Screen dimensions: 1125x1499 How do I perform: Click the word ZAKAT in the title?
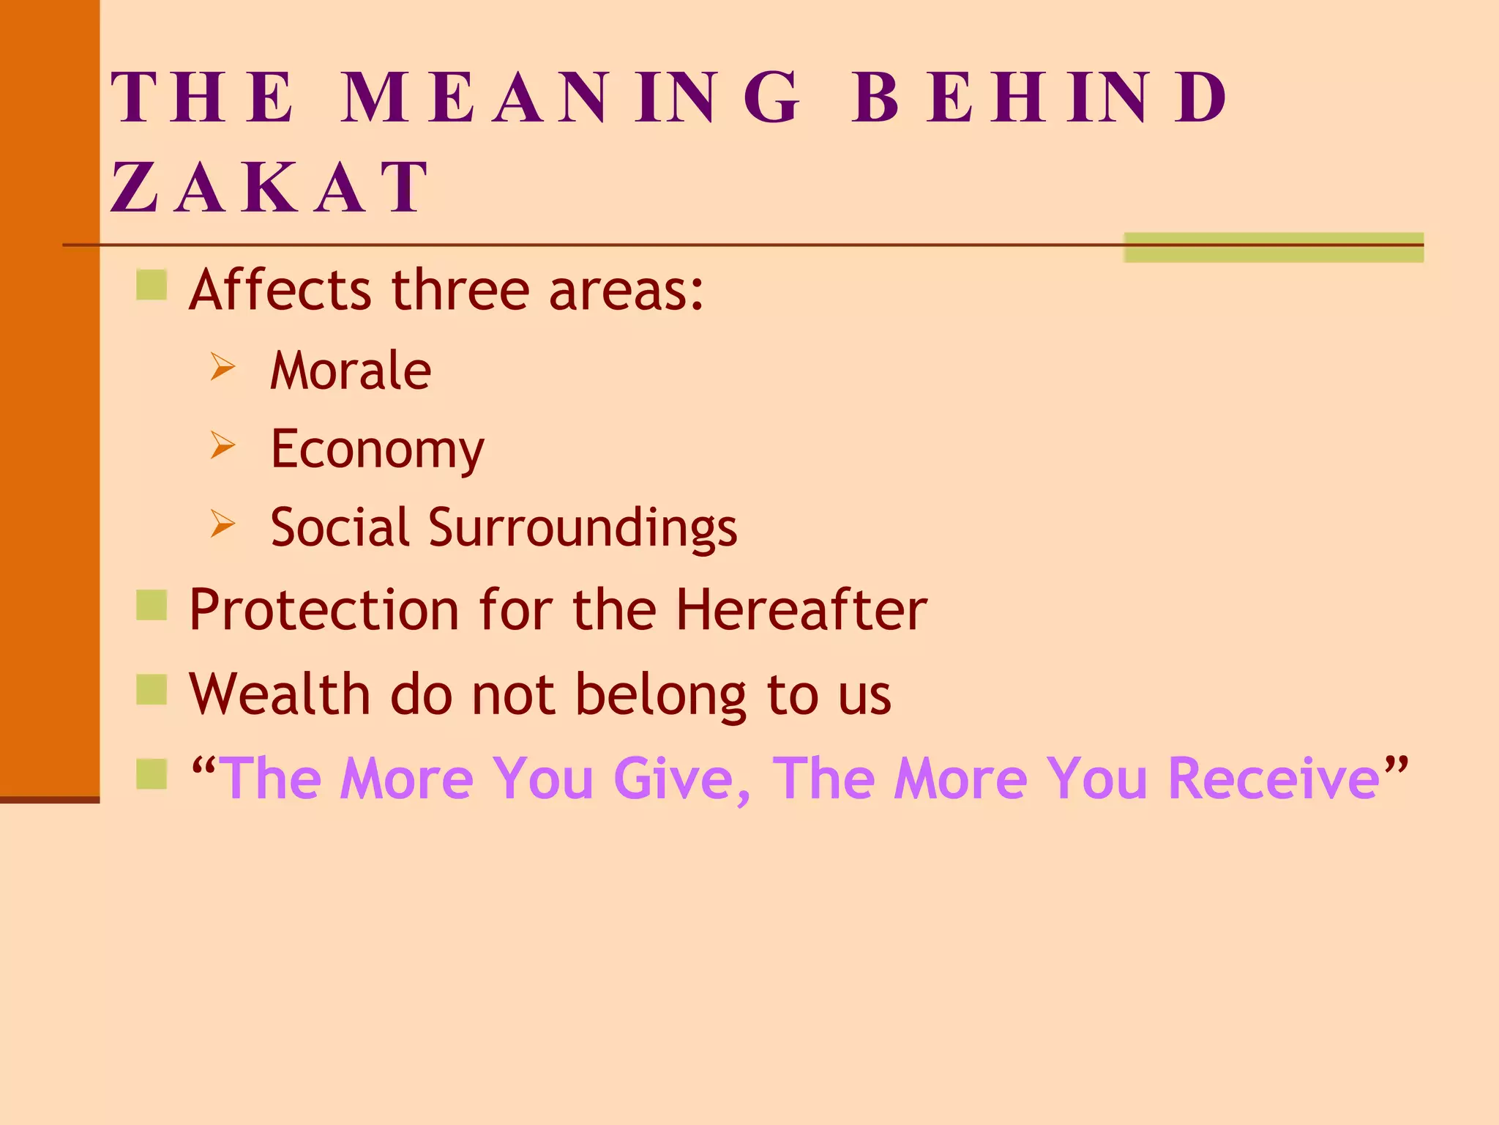coord(269,188)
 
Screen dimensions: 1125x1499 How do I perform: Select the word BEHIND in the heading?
coord(1039,97)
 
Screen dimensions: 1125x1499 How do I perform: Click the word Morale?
coord(351,371)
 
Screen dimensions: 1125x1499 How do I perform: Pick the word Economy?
coord(377,449)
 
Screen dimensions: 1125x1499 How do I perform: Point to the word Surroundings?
coord(583,527)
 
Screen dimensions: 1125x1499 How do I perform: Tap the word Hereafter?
coord(801,609)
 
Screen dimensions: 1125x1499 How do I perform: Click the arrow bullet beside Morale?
coord(223,367)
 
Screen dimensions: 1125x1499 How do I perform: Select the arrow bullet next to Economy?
coord(223,445)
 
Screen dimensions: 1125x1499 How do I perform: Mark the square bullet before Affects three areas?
coord(152,285)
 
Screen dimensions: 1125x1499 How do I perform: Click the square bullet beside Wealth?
coord(152,689)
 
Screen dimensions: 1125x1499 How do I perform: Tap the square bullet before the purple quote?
coord(152,773)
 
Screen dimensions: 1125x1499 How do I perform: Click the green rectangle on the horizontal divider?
coord(1274,248)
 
